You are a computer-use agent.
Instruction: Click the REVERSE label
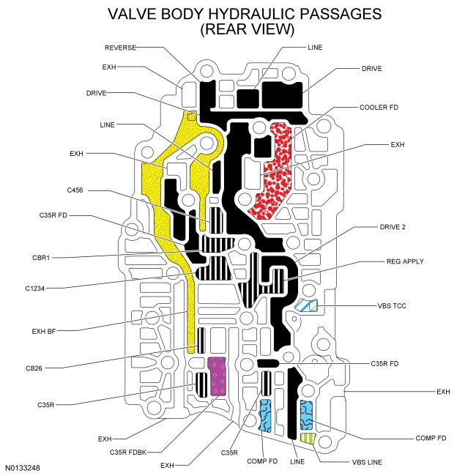pyautogui.click(x=121, y=47)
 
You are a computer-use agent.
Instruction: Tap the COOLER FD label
pyautogui.click(x=379, y=107)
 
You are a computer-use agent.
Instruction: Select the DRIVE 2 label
pyautogui.click(x=393, y=227)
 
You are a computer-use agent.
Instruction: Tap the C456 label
pyautogui.click(x=74, y=190)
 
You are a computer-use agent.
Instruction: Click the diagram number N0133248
pyautogui.click(x=24, y=466)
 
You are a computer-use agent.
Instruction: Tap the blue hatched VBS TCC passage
pyautogui.click(x=302, y=306)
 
